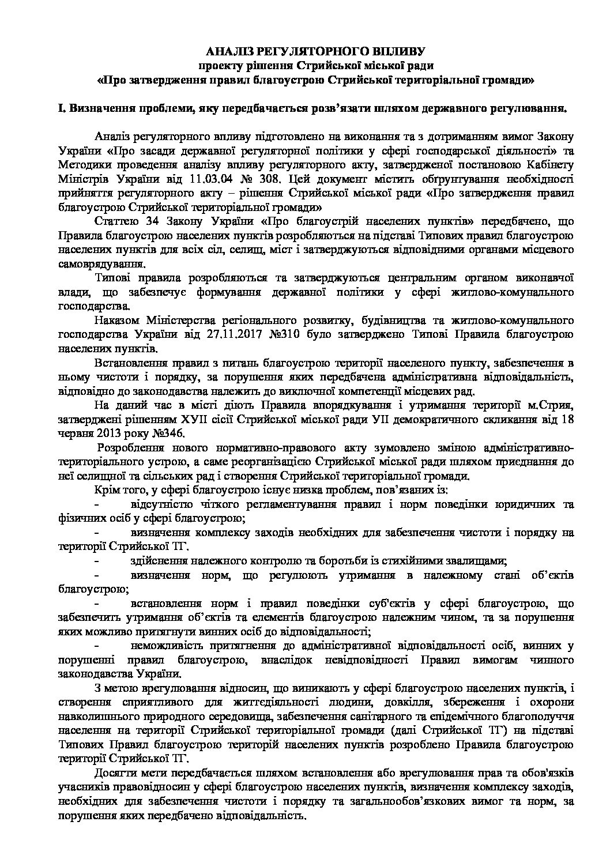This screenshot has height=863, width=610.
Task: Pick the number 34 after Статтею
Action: click(147, 221)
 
